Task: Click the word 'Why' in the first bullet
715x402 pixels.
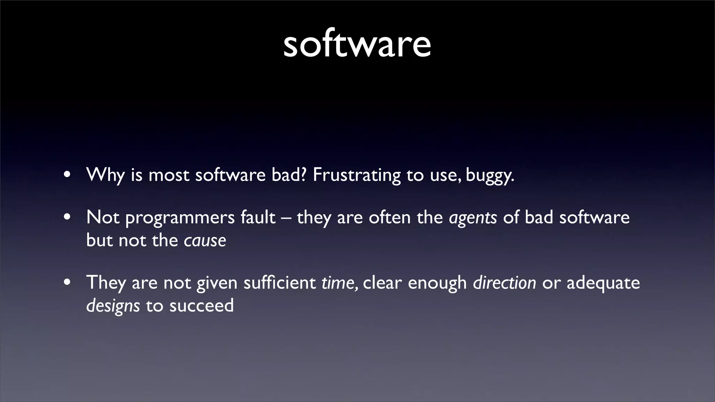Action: tap(105, 174)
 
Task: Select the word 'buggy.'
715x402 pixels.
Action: tap(490, 175)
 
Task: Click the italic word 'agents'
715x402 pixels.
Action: tap(473, 218)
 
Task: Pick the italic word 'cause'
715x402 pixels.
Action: tap(205, 240)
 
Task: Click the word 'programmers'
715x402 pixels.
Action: tap(180, 218)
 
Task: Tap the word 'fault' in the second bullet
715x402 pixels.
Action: tap(258, 217)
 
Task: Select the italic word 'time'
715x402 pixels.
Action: tap(338, 283)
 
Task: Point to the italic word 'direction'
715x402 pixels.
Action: tap(504, 283)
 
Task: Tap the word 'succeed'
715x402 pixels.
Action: tap(201, 306)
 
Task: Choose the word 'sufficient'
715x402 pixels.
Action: tap(279, 283)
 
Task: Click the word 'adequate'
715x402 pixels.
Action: tap(603, 283)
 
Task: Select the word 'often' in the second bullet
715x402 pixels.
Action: tap(390, 217)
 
